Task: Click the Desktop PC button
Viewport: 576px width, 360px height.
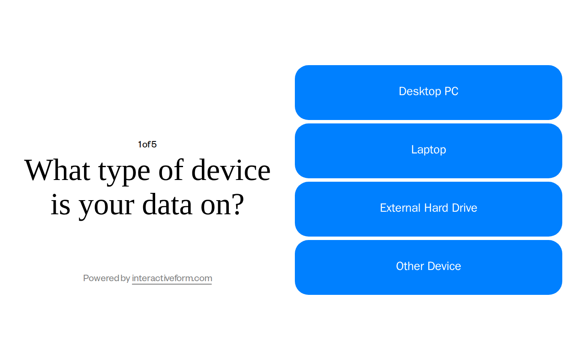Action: click(428, 93)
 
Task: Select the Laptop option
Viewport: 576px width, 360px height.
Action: click(428, 151)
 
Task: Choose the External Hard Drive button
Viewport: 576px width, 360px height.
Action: click(428, 209)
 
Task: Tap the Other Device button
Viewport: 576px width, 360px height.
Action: click(428, 267)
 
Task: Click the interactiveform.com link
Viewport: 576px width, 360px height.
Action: click(172, 278)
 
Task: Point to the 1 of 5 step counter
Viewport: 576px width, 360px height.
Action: click(147, 144)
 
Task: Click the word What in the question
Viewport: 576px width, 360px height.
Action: click(57, 170)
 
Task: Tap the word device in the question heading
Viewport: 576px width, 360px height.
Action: click(231, 170)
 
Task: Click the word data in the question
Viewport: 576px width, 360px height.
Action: click(167, 204)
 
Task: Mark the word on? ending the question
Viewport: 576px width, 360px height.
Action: click(222, 204)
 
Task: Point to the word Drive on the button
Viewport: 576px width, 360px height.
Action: click(465, 208)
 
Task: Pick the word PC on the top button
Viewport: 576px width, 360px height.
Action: click(451, 91)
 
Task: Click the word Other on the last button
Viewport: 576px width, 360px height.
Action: click(408, 266)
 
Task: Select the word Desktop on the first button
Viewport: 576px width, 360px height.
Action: click(420, 91)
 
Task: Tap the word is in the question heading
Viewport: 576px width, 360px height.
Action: click(60, 204)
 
